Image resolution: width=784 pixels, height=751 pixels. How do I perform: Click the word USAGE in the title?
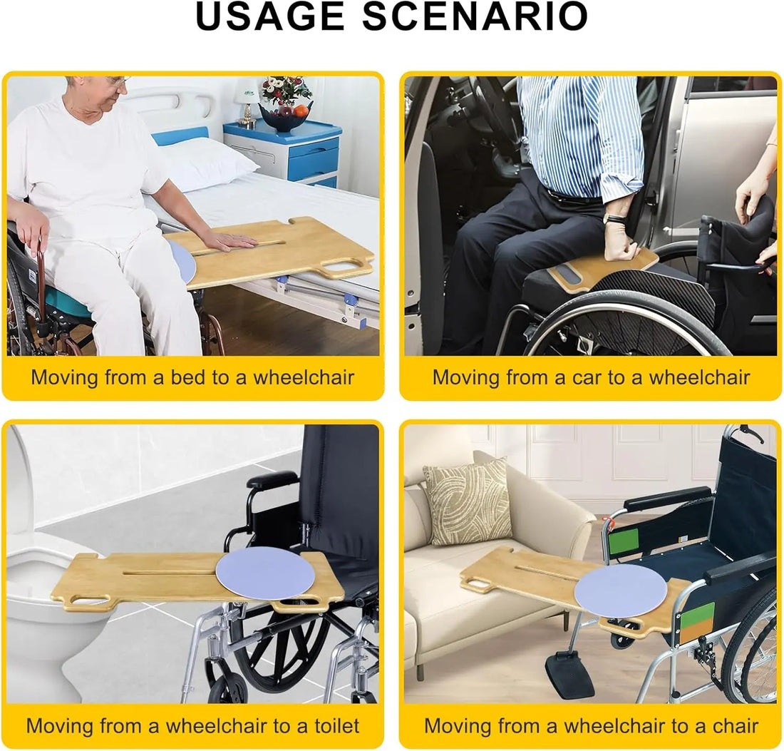271,16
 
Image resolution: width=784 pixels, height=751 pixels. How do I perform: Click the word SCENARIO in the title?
475,16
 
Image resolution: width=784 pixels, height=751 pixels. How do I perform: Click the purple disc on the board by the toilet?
265,573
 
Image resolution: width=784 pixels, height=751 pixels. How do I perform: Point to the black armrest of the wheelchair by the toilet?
272,479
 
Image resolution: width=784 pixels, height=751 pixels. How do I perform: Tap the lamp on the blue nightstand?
247,103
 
